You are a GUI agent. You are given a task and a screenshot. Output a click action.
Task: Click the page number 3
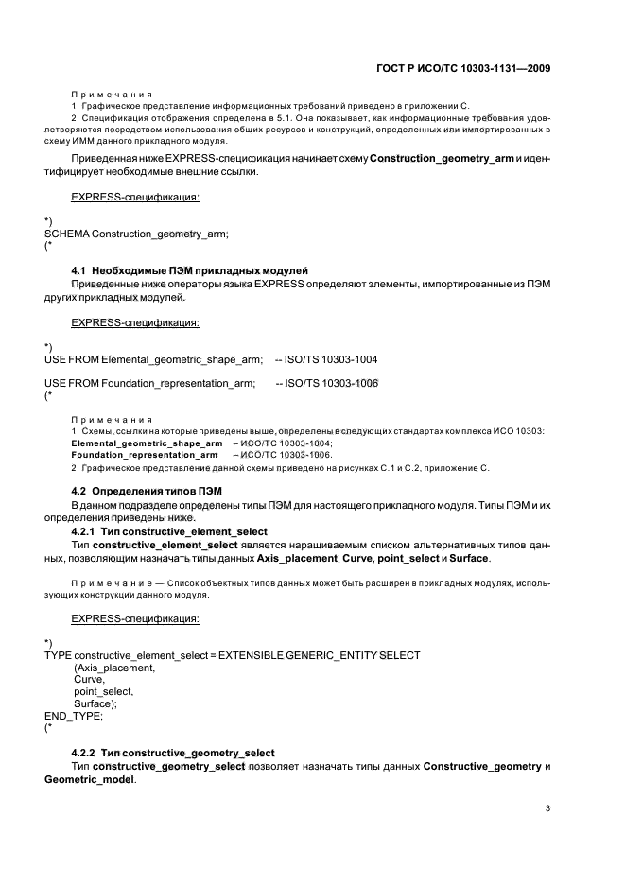point(548,808)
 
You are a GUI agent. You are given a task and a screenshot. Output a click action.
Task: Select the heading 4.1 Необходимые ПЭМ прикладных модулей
point(190,272)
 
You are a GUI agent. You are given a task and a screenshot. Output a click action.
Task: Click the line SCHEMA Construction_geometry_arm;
point(137,234)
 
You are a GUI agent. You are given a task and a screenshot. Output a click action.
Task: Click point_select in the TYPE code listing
point(104,692)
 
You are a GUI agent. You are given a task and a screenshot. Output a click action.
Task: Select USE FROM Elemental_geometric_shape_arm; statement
point(154,359)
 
